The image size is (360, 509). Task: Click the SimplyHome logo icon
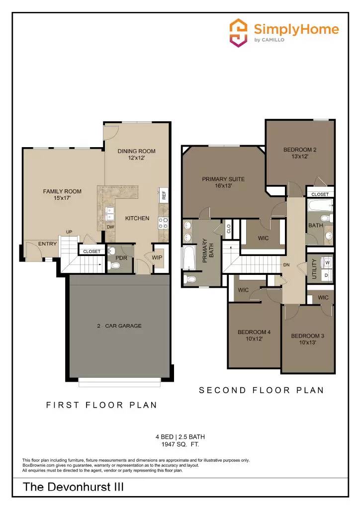[x=238, y=33]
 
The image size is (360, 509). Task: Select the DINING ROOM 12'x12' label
[x=136, y=155]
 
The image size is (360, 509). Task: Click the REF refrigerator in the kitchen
[x=163, y=195]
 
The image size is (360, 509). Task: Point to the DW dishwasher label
[x=110, y=227]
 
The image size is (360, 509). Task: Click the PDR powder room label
[x=121, y=258]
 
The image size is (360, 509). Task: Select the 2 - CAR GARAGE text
[x=119, y=326]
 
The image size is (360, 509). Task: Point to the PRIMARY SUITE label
[x=223, y=182]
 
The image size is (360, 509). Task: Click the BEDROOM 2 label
[x=300, y=153]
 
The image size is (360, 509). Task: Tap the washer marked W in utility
[x=327, y=262]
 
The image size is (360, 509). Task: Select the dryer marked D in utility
[x=327, y=275]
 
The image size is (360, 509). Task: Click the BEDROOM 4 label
[x=254, y=335]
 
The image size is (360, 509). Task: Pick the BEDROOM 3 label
[x=307, y=339]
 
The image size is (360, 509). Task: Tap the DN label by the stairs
[x=286, y=265]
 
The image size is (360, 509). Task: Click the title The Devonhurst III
[x=73, y=487]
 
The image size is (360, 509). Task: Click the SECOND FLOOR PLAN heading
[x=262, y=390]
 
